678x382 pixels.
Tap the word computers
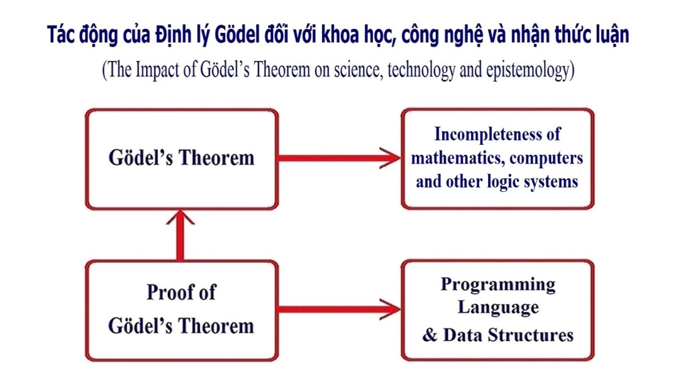(547, 159)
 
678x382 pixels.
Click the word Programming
(498, 285)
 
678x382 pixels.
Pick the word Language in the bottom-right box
(498, 308)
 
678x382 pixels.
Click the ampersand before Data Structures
(430, 335)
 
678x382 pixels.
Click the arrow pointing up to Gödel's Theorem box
(180, 235)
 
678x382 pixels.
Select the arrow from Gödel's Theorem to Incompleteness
(339, 158)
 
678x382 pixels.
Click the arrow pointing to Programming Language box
(339, 309)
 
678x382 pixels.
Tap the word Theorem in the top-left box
(217, 158)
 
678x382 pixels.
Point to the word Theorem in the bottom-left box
(216, 326)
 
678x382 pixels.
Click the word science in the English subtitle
(357, 70)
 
